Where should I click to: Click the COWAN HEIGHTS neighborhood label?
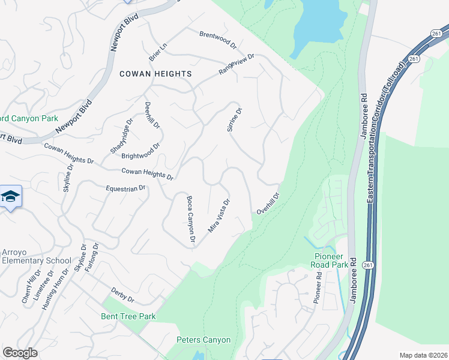155,74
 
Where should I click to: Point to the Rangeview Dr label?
237,64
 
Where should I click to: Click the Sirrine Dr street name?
234,120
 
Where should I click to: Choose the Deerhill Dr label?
152,115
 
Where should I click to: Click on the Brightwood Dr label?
141,151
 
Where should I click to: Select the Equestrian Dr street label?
126,188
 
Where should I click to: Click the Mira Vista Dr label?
219,216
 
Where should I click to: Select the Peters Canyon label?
203,340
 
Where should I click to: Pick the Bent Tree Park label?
128,316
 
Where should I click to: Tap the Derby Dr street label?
122,295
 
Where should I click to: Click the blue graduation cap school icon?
11,197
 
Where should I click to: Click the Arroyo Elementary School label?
36,256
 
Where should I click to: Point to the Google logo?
20,353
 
